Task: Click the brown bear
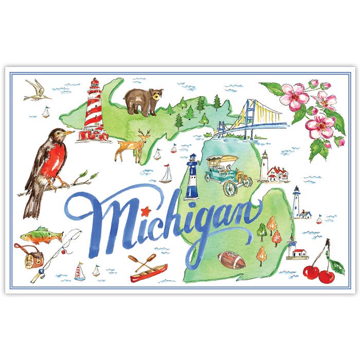[x=143, y=101]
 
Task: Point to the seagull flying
[x=38, y=89]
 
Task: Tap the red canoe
[x=149, y=273]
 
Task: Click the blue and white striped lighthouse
[x=192, y=177]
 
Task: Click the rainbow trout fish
[x=41, y=237]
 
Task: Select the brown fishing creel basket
[x=32, y=255]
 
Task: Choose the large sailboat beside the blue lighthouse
[x=166, y=174]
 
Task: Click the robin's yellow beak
[x=68, y=134]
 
